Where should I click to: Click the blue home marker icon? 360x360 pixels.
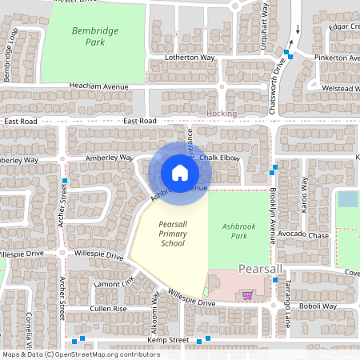pos(180,172)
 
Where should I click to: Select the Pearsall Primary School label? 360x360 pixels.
pos(173,234)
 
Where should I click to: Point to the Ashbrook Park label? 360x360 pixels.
pos(238,231)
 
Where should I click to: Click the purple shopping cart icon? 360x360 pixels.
pos(247,295)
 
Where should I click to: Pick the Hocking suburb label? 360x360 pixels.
pos(222,114)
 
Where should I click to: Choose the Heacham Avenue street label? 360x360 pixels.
pos(99,86)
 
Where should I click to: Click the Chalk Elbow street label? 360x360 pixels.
pos(220,158)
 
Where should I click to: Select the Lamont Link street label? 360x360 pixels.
pos(113,284)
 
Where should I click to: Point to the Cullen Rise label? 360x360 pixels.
pos(108,308)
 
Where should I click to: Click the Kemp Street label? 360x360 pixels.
pos(167,341)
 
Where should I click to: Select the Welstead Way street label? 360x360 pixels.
pos(338,88)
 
